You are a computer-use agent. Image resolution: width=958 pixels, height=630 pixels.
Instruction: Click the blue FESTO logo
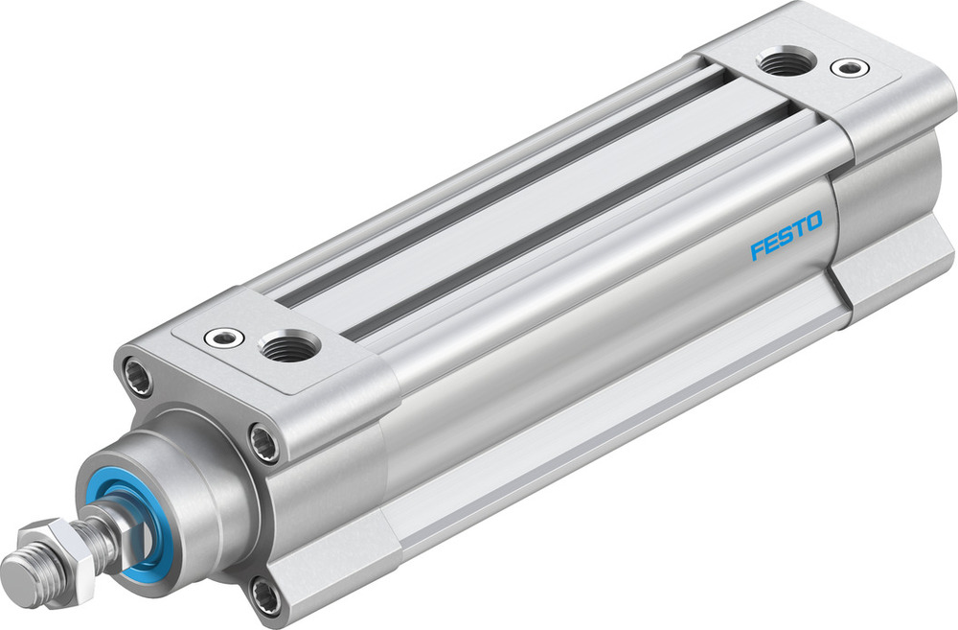[x=786, y=236]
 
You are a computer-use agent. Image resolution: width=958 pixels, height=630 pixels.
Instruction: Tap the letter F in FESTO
[x=757, y=250]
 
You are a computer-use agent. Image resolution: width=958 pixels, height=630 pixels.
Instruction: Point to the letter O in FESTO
[x=812, y=222]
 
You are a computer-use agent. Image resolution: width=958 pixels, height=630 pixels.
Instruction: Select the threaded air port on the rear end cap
[x=786, y=63]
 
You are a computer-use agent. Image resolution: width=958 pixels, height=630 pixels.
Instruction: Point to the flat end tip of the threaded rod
[x=14, y=573]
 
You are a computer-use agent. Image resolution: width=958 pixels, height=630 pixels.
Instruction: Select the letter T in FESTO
[x=797, y=230]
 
